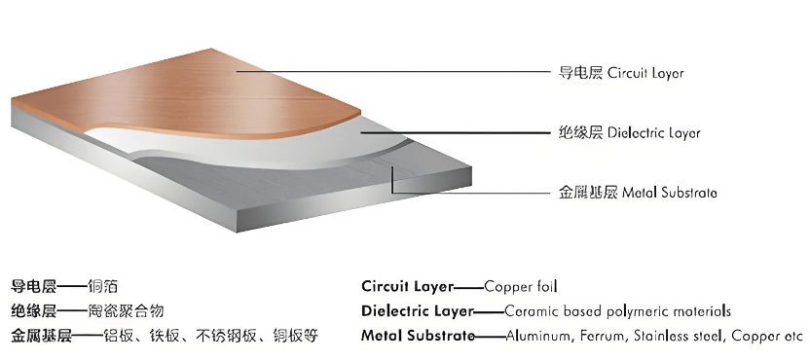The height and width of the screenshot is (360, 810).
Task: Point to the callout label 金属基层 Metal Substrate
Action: (639, 193)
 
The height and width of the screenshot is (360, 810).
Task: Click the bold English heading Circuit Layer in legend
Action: (407, 287)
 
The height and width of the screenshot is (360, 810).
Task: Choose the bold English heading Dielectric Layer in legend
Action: (417, 312)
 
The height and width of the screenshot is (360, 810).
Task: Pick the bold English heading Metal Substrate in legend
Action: (418, 337)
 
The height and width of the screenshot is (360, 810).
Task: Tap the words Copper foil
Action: (520, 287)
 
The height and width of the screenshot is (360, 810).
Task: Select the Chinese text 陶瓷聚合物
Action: (126, 311)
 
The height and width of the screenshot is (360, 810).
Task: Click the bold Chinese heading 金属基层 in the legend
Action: (42, 337)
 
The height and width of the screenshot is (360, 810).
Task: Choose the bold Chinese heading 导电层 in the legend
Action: (33, 287)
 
